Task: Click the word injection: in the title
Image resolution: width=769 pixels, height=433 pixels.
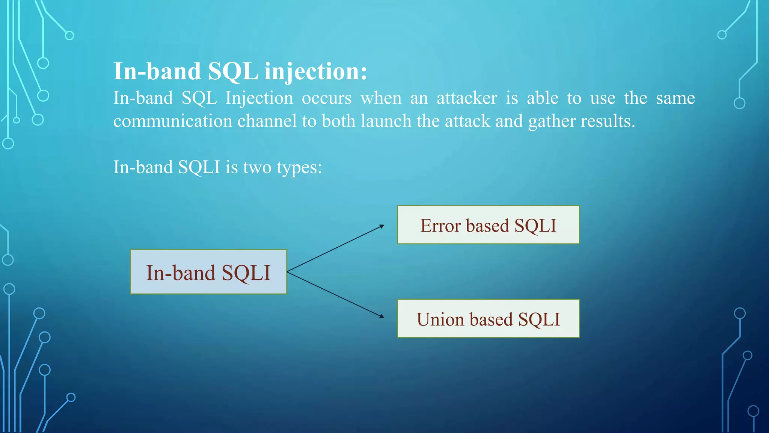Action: [315, 71]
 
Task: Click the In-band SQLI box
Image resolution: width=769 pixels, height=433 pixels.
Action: [208, 272]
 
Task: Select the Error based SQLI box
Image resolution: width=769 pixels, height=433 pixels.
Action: [488, 225]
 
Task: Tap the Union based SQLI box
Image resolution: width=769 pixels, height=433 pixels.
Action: [488, 319]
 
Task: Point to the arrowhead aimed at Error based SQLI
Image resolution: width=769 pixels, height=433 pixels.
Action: [382, 226]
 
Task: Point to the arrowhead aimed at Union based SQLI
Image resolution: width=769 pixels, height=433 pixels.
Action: [382, 316]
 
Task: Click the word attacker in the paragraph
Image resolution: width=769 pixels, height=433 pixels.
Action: [467, 98]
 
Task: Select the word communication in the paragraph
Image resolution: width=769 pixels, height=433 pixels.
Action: [173, 121]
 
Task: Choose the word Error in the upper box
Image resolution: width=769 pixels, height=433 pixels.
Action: [440, 226]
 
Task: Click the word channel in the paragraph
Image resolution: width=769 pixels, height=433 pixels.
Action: [267, 121]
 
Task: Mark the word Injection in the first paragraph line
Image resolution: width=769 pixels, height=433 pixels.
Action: [259, 98]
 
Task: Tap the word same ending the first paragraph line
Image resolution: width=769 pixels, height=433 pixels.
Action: [675, 98]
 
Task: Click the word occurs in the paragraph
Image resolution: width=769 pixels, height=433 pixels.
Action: [327, 98]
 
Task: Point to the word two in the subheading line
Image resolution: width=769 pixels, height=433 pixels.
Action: [257, 167]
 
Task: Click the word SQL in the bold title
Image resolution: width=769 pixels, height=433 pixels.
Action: [233, 71]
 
